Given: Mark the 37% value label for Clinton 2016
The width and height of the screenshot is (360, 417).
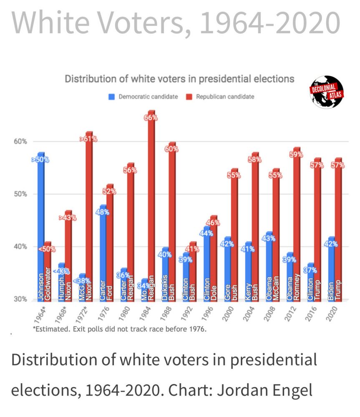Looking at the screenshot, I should tap(310, 270).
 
